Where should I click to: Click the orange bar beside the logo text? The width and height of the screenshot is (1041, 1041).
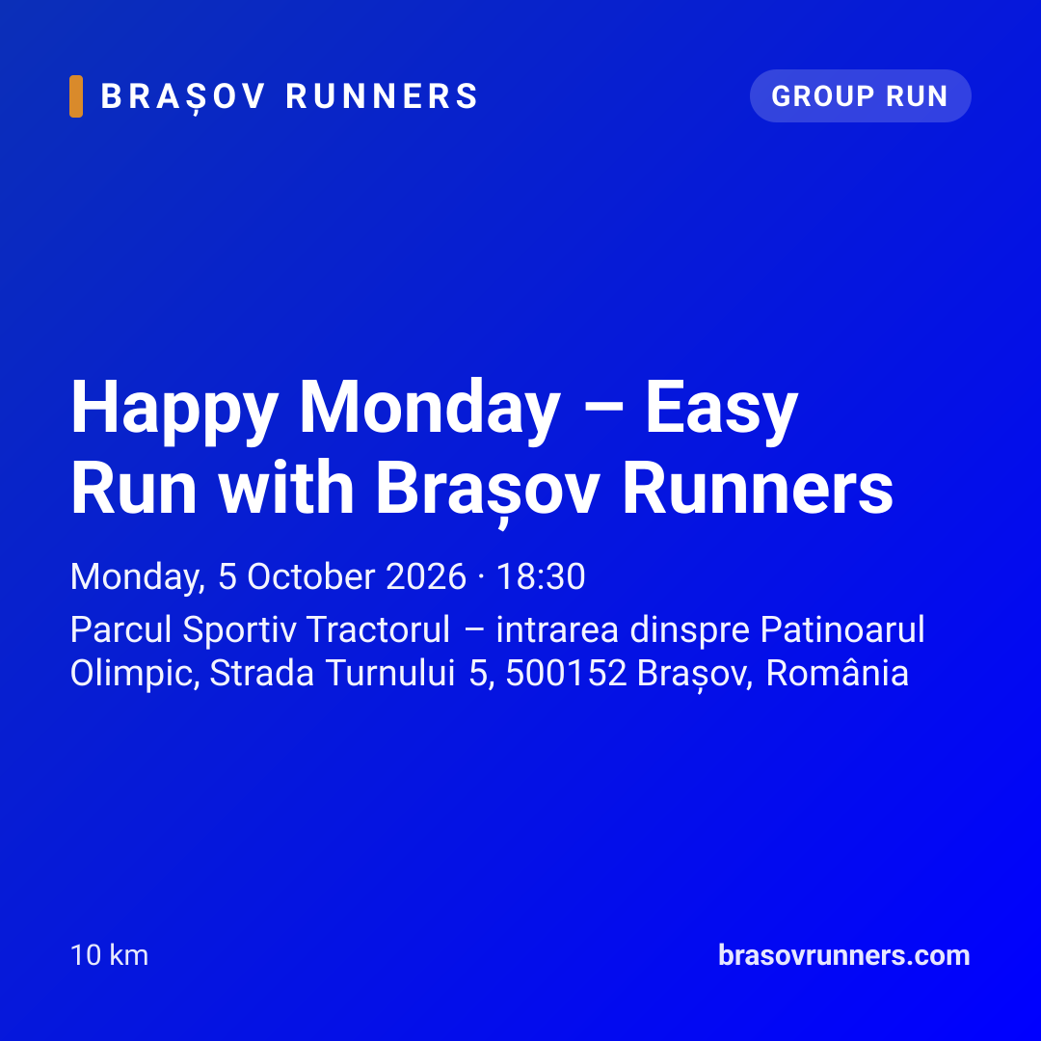[76, 96]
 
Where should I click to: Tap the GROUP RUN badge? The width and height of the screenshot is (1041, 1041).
[861, 95]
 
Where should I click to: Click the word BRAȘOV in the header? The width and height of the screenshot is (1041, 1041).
[183, 97]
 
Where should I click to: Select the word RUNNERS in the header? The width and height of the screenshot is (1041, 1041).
[382, 96]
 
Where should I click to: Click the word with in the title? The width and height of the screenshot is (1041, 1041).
[287, 488]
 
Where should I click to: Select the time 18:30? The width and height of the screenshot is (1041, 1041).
[541, 576]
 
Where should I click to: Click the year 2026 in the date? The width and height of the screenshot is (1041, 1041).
[426, 576]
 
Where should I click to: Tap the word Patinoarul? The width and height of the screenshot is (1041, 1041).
[841, 629]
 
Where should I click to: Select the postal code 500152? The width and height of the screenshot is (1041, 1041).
[567, 673]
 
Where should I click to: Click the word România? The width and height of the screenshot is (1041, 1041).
[838, 672]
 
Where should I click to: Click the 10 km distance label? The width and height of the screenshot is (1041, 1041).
[110, 955]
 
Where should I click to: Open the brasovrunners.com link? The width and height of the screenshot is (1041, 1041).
[843, 955]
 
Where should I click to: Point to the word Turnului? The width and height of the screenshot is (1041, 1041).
[390, 673]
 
